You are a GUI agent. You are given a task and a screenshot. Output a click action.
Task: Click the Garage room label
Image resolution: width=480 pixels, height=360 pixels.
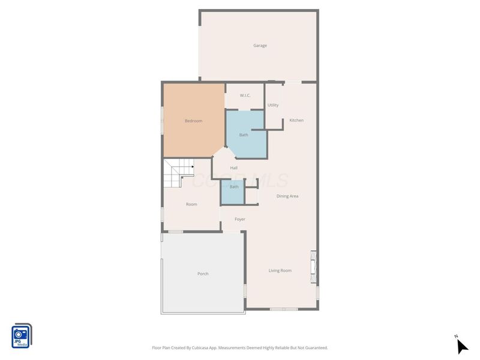point(260,46)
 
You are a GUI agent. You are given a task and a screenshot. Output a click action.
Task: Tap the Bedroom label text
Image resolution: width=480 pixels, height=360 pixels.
point(193,121)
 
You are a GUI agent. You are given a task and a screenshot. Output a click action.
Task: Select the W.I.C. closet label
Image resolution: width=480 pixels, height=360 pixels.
point(245,95)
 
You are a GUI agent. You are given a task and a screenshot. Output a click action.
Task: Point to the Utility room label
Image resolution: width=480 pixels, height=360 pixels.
point(273,106)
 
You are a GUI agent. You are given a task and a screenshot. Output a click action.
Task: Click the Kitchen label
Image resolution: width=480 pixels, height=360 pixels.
point(296,121)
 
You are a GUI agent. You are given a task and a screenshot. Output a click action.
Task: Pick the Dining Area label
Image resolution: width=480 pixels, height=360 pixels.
point(287,196)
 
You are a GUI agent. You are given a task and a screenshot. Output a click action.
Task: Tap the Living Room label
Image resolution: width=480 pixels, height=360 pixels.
point(280,271)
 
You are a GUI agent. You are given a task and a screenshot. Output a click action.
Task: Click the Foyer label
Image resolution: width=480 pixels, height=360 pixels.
point(239,220)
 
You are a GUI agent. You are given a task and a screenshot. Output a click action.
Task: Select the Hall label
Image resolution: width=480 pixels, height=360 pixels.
point(234,168)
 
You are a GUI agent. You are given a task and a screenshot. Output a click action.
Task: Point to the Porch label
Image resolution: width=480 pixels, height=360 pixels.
point(203,274)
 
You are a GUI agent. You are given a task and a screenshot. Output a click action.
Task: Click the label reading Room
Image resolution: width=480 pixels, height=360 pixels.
point(191,205)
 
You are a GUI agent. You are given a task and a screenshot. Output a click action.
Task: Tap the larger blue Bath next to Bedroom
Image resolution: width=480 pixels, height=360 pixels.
point(244,135)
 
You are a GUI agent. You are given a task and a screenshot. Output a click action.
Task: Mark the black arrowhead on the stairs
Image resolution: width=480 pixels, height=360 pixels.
point(192,167)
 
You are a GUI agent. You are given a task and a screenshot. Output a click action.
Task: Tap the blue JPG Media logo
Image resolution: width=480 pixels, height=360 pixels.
point(22,336)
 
